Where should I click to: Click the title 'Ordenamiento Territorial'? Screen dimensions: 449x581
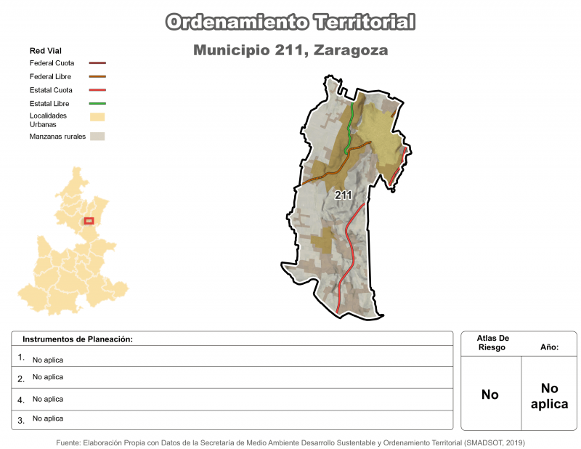coord(290,22)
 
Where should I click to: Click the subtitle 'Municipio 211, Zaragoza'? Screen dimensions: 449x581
coord(290,51)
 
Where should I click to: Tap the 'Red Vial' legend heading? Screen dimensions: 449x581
coord(45,51)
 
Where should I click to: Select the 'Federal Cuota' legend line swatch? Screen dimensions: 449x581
coord(97,63)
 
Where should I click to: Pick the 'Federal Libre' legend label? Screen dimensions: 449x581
coord(50,76)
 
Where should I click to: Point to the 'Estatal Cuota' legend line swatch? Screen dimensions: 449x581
coord(97,90)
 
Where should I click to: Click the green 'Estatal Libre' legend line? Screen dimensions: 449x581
coord(97,104)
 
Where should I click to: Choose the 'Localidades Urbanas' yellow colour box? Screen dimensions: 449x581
coord(97,116)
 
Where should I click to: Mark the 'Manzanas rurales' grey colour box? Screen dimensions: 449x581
coord(97,136)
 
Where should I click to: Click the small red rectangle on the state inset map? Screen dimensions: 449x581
coord(89,221)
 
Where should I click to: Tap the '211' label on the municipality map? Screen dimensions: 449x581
coord(344,195)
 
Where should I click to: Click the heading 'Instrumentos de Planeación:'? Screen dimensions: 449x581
coord(78,339)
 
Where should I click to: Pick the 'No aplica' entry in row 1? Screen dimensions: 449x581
coord(48,360)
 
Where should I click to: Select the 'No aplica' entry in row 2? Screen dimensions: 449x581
coord(48,377)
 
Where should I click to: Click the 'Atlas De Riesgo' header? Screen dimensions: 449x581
coord(493,343)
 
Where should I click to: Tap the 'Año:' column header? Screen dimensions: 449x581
coord(549,348)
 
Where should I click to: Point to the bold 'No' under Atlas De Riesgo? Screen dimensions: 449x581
coord(490,395)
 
